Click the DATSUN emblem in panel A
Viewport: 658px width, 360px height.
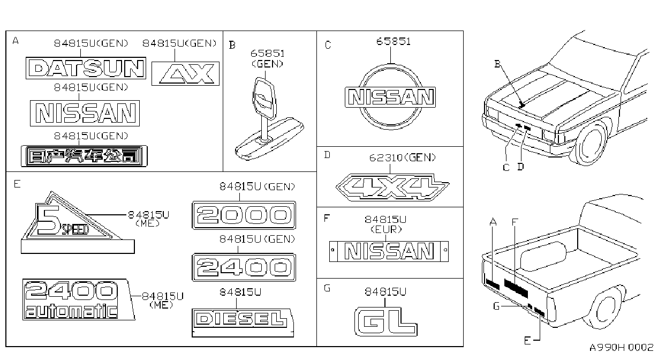coord(86,68)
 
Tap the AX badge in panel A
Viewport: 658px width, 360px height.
coord(185,73)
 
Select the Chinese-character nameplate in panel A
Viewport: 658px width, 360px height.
coord(84,156)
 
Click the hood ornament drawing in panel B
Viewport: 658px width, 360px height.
coord(269,119)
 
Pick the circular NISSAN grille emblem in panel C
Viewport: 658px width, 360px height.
coord(390,97)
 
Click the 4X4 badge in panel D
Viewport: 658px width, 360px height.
coord(392,187)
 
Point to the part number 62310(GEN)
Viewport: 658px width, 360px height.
coord(403,158)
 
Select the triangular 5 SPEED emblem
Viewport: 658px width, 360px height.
coord(78,223)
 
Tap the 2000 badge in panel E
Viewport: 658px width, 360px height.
coord(244,215)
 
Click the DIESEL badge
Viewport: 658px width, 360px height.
coord(243,322)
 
